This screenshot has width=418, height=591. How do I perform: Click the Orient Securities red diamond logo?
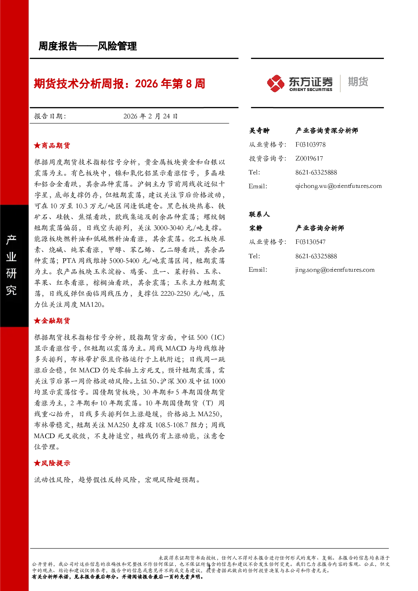(276, 83)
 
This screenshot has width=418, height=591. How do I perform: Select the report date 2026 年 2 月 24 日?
(150, 116)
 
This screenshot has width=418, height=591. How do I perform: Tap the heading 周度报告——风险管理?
(88, 46)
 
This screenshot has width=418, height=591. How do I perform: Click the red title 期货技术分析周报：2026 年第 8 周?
(119, 84)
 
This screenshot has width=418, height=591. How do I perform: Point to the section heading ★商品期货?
(52, 145)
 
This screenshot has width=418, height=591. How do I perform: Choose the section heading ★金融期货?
(52, 321)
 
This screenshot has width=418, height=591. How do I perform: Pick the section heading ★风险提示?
(52, 463)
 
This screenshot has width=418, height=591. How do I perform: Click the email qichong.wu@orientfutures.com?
(338, 186)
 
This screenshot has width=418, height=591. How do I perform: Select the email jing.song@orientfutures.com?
(335, 270)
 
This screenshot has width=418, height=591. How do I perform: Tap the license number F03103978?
(310, 144)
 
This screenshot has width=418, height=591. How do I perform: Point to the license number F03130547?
(310, 242)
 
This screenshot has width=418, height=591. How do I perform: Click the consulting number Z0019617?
(309, 158)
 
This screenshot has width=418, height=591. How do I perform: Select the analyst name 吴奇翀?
(259, 131)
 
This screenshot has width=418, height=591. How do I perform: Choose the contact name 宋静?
(256, 228)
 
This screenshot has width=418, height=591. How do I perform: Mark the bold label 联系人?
(259, 214)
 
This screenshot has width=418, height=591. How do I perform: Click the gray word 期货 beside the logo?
(358, 82)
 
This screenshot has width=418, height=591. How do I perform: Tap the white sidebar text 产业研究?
(11, 265)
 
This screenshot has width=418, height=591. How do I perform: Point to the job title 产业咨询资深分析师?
(327, 131)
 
